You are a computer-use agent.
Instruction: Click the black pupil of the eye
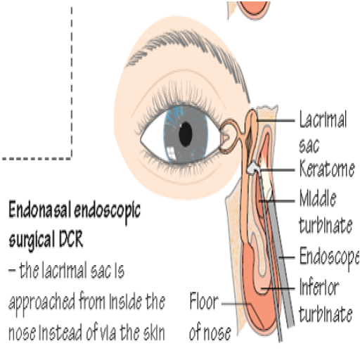[x=186, y=134]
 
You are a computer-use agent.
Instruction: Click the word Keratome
[x=327, y=169]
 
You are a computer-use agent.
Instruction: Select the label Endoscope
[x=329, y=257]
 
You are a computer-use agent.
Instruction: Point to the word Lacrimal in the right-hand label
[x=323, y=120]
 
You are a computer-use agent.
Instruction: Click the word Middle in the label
[x=318, y=198]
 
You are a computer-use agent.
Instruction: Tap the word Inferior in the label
[x=319, y=286]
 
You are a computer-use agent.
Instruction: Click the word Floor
[x=204, y=301]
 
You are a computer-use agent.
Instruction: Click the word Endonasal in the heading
[x=39, y=210]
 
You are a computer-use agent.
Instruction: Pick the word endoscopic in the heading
[x=107, y=212]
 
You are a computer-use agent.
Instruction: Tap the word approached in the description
[x=41, y=302]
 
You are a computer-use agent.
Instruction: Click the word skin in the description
[x=154, y=332]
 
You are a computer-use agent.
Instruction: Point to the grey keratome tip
[x=252, y=167]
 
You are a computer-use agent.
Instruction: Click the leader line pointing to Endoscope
[x=287, y=257]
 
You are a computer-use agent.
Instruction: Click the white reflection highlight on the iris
[x=172, y=153]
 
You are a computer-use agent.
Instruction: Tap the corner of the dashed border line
[x=72, y=159]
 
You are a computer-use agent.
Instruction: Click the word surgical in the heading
[x=32, y=240]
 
